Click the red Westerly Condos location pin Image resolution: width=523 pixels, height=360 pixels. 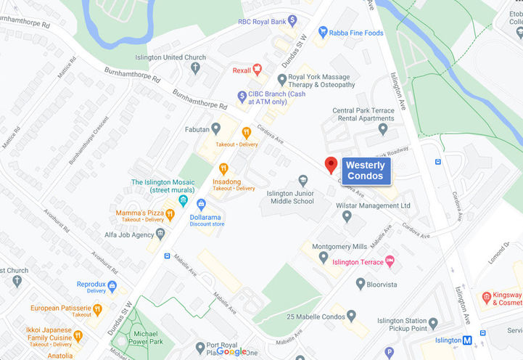coord(330,165)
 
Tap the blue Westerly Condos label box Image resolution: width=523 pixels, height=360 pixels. coord(366,171)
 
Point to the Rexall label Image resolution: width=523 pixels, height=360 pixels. coord(242,70)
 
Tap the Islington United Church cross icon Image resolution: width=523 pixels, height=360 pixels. coord(195,68)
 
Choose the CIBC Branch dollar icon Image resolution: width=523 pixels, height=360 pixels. coord(243,97)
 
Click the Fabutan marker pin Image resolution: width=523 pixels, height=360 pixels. coord(215,128)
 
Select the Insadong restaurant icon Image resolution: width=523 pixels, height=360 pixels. coord(223,168)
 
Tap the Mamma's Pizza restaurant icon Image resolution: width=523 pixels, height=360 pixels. coord(169,213)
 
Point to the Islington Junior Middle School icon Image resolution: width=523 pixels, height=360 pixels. coord(303,180)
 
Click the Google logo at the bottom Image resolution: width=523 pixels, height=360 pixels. coord(231,351)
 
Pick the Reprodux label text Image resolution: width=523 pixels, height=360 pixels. coord(91,285)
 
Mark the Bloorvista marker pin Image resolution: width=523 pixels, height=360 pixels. coord(360,284)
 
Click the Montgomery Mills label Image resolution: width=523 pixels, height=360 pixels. coord(339,247)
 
